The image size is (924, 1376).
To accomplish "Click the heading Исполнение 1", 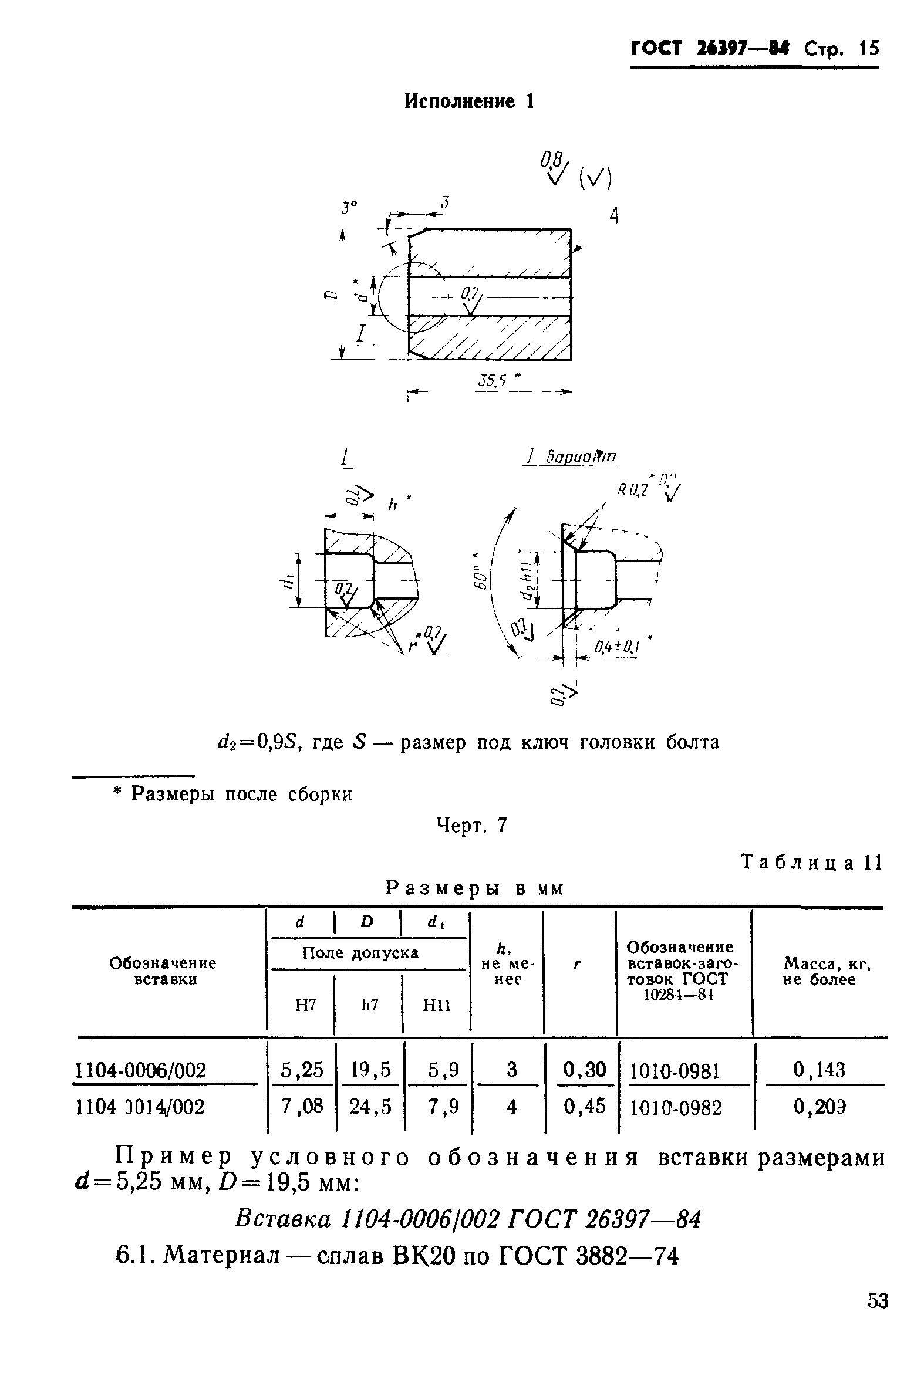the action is pyautogui.click(x=469, y=102).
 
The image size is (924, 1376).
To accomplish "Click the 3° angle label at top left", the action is pyautogui.click(x=349, y=208).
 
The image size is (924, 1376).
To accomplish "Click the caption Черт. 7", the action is pyautogui.click(x=471, y=825).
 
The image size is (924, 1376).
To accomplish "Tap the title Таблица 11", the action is pyautogui.click(x=811, y=863).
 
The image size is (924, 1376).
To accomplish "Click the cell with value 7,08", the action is pyautogui.click(x=302, y=1106).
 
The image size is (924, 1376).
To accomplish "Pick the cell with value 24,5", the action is pyautogui.click(x=370, y=1107).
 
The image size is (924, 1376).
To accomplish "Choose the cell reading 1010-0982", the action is pyautogui.click(x=675, y=1108).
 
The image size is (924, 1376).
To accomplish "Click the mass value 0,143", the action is pyautogui.click(x=818, y=1069).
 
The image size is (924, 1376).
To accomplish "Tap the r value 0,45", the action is pyautogui.click(x=585, y=1107).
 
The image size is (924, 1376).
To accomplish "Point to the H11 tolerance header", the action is pyautogui.click(x=436, y=1006).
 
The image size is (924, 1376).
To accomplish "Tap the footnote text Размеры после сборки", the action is pyautogui.click(x=241, y=794).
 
